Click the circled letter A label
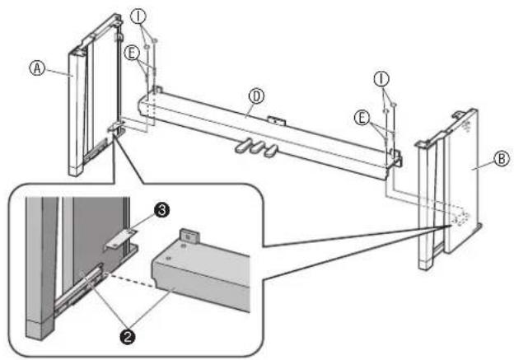pyautogui.click(x=37, y=68)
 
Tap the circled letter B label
pyautogui.click(x=502, y=159)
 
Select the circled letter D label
pyautogui.click(x=256, y=96)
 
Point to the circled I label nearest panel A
pyautogui.click(x=138, y=16)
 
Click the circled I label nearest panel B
pyautogui.click(x=381, y=79)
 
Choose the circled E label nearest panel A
pyautogui.click(x=132, y=54)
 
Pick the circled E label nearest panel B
pyautogui.click(x=362, y=118)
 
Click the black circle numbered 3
pyautogui.click(x=161, y=211)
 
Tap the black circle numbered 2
pyautogui.click(x=128, y=336)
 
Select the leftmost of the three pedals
pyautogui.click(x=243, y=145)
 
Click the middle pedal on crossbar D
pyautogui.click(x=258, y=147)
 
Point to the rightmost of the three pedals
pyautogui.click(x=272, y=151)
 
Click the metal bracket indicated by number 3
pyautogui.click(x=120, y=239)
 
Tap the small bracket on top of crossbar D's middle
pyautogui.click(x=277, y=120)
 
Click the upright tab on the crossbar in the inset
pyautogui.click(x=189, y=236)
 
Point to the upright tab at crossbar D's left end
pyautogui.click(x=158, y=90)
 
